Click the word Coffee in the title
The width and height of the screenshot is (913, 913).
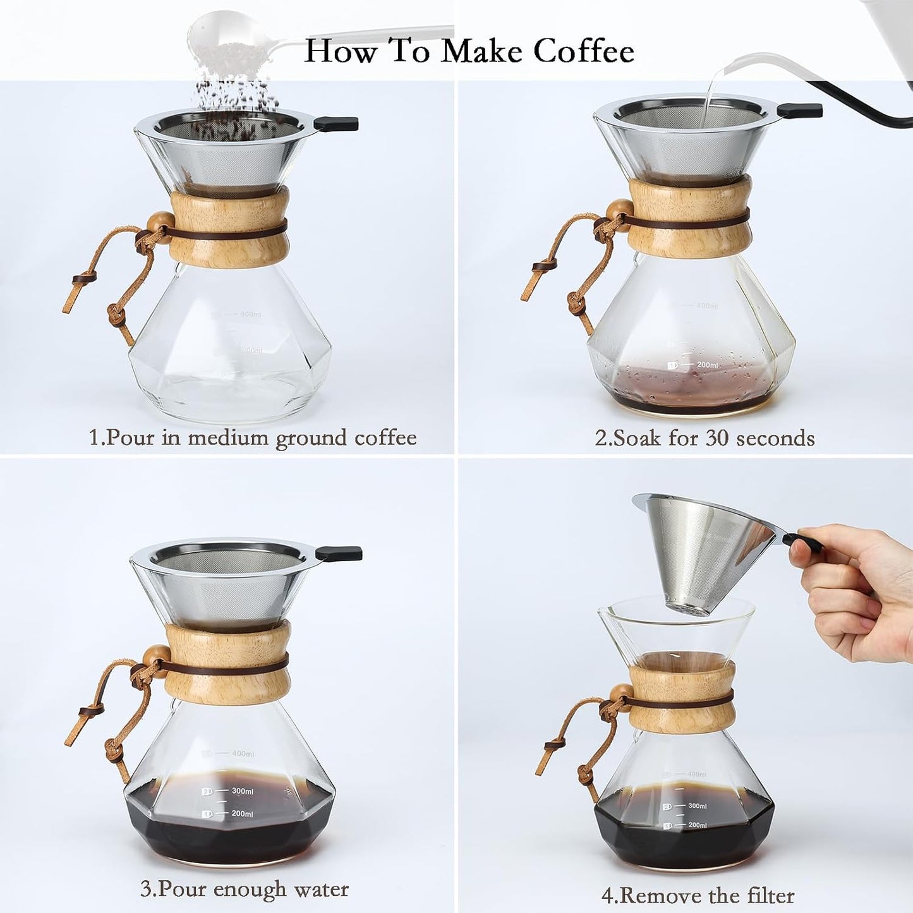click(583, 51)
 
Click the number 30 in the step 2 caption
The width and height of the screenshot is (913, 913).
click(717, 438)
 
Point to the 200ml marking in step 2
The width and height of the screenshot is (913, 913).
click(707, 365)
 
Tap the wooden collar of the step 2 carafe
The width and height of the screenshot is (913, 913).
click(690, 217)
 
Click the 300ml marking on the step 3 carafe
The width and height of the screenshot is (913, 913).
click(242, 791)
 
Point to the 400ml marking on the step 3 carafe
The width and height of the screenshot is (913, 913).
click(242, 754)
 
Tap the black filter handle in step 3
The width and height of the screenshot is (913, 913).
click(339, 553)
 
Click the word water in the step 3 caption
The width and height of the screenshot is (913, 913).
click(321, 889)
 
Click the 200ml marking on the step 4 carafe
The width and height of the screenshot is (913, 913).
click(697, 825)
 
